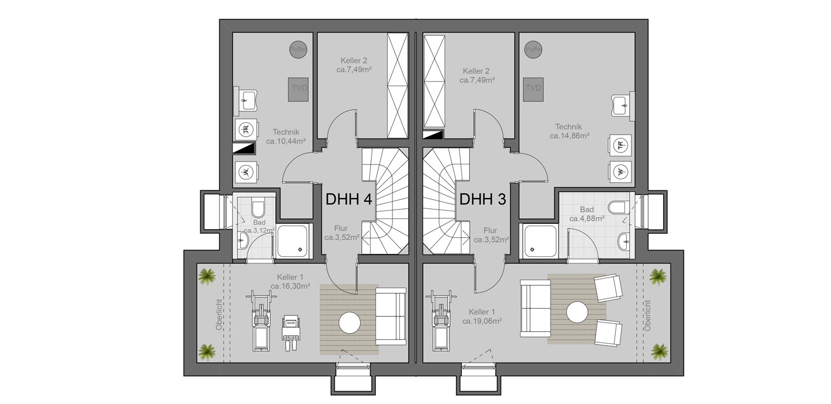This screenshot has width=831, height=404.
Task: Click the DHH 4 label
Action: coord(349,199)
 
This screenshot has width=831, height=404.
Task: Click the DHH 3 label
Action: coord(482,199)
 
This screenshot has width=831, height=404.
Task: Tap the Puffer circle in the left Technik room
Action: coord(298,49)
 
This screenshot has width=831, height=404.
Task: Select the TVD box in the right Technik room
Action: coord(533,89)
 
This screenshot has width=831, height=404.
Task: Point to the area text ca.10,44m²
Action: coord(286,141)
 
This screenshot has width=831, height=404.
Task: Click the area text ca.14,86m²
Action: coord(570,136)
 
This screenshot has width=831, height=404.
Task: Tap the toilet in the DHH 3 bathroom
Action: coord(619,207)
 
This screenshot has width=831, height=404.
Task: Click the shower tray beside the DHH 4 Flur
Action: coord(293,241)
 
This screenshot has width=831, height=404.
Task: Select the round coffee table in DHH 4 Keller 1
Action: coord(350,323)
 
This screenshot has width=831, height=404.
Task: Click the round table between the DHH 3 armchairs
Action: coord(577,312)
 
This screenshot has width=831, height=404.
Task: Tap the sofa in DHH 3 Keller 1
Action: coord(536,308)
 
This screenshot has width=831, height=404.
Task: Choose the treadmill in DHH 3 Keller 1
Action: coord(441,320)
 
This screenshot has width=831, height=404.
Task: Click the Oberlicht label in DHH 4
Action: coord(219,315)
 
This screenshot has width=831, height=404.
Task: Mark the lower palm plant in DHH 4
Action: coord(207,351)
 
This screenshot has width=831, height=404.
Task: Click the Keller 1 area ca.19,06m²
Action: coord(482,321)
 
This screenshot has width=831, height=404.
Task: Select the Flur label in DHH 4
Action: coord(341,228)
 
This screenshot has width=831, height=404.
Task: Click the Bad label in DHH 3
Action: coord(587,210)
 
